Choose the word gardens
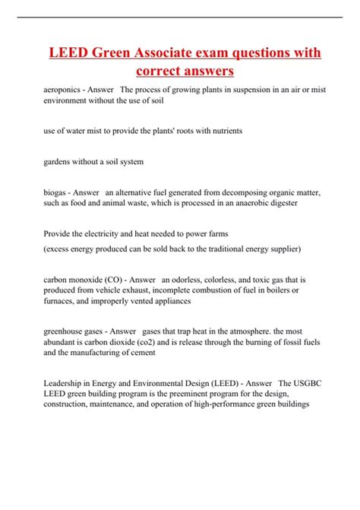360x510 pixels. [59, 162]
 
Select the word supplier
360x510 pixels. [282, 249]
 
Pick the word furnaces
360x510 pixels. [62, 300]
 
